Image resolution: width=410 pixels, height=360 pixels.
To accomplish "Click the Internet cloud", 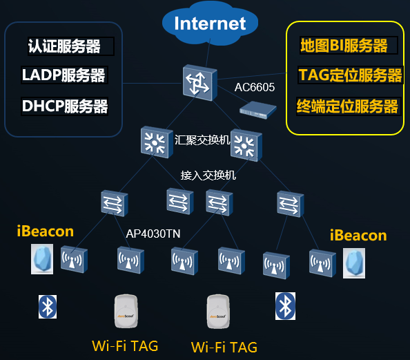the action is click(210, 23).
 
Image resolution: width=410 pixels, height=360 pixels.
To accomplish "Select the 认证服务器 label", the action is click(64, 46).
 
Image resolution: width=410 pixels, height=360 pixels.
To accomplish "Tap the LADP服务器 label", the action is click(64, 75).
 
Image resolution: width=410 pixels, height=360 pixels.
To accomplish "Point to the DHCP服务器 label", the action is click(65, 106).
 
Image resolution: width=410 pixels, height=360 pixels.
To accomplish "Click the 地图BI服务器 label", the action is click(344, 46).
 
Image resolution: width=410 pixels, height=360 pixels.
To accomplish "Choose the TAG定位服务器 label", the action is click(350, 75).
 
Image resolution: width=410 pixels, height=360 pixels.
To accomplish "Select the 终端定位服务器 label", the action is click(347, 106).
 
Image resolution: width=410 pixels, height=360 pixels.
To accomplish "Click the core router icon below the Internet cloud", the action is click(199, 83).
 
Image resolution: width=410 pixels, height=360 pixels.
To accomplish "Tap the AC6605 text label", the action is click(255, 87).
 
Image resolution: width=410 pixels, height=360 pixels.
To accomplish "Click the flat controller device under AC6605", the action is click(258, 110).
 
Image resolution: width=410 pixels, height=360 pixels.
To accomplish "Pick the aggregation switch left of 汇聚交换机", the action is click(157, 142).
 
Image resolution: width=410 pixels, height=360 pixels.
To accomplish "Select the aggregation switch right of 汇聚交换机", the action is click(246, 145).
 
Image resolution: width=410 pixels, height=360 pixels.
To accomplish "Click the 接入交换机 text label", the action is click(208, 175).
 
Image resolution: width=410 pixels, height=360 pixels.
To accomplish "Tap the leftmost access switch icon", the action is click(115, 203).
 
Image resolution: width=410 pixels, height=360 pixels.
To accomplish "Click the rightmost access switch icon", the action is click(290, 204).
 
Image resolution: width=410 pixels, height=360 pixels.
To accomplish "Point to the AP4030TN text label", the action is click(153, 234).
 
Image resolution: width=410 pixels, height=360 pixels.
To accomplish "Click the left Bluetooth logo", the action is click(48, 307).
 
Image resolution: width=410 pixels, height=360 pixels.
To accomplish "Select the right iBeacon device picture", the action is click(354, 263).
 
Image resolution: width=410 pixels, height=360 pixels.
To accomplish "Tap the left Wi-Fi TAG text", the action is click(125, 346).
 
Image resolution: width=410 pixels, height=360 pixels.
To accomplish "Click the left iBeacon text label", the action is click(46, 231).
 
